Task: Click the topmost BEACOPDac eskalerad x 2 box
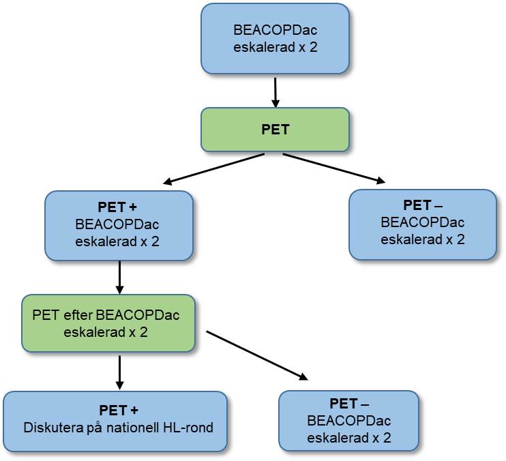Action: click(275, 39)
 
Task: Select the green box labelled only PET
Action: click(275, 130)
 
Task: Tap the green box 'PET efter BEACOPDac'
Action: click(108, 323)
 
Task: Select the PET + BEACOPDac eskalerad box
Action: click(119, 224)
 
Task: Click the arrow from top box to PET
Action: click(275, 91)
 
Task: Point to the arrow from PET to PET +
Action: click(214, 168)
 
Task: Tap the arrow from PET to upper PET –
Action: click(333, 168)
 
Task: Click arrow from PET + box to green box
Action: click(119, 276)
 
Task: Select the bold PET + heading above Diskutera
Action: click(119, 411)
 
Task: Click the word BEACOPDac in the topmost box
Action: click(275, 31)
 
